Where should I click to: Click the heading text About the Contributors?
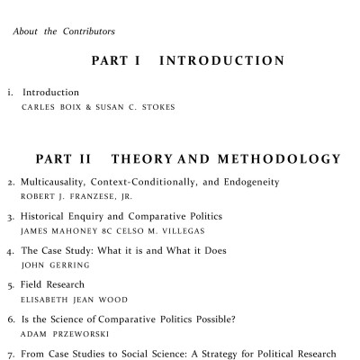(x=64, y=31)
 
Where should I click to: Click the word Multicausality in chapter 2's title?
(x=55, y=182)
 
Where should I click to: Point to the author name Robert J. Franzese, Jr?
(x=78, y=195)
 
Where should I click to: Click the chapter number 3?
(x=11, y=217)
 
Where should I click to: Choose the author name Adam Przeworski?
(x=65, y=335)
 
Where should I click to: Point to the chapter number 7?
(x=11, y=355)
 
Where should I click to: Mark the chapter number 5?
(x=11, y=286)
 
